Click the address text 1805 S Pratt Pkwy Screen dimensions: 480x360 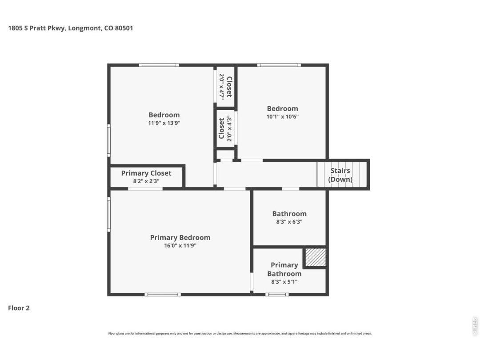(36, 28)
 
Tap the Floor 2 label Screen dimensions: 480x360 (19, 308)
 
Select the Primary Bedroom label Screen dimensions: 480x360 (180, 237)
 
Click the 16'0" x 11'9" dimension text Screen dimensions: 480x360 (180, 245)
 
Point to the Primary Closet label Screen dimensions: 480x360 (146, 173)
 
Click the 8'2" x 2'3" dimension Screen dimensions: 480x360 (146, 181)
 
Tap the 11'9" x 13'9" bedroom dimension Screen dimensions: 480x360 (164, 123)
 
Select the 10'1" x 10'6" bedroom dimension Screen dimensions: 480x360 (283, 116)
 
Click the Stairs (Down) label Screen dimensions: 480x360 (340, 175)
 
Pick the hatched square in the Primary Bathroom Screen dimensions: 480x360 (316, 257)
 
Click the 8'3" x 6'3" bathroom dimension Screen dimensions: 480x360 (289, 222)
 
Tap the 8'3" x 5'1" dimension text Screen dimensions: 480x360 (284, 282)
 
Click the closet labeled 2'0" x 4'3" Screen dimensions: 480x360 (226, 128)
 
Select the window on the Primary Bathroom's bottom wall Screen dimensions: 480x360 (277, 295)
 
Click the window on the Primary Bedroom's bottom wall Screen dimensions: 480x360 (163, 295)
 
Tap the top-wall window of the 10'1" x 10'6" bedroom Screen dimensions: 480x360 (279, 65)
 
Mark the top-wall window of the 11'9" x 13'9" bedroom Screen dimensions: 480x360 (159, 65)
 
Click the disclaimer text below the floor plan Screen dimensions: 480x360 (240, 333)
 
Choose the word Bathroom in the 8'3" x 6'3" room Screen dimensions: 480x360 (289, 214)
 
